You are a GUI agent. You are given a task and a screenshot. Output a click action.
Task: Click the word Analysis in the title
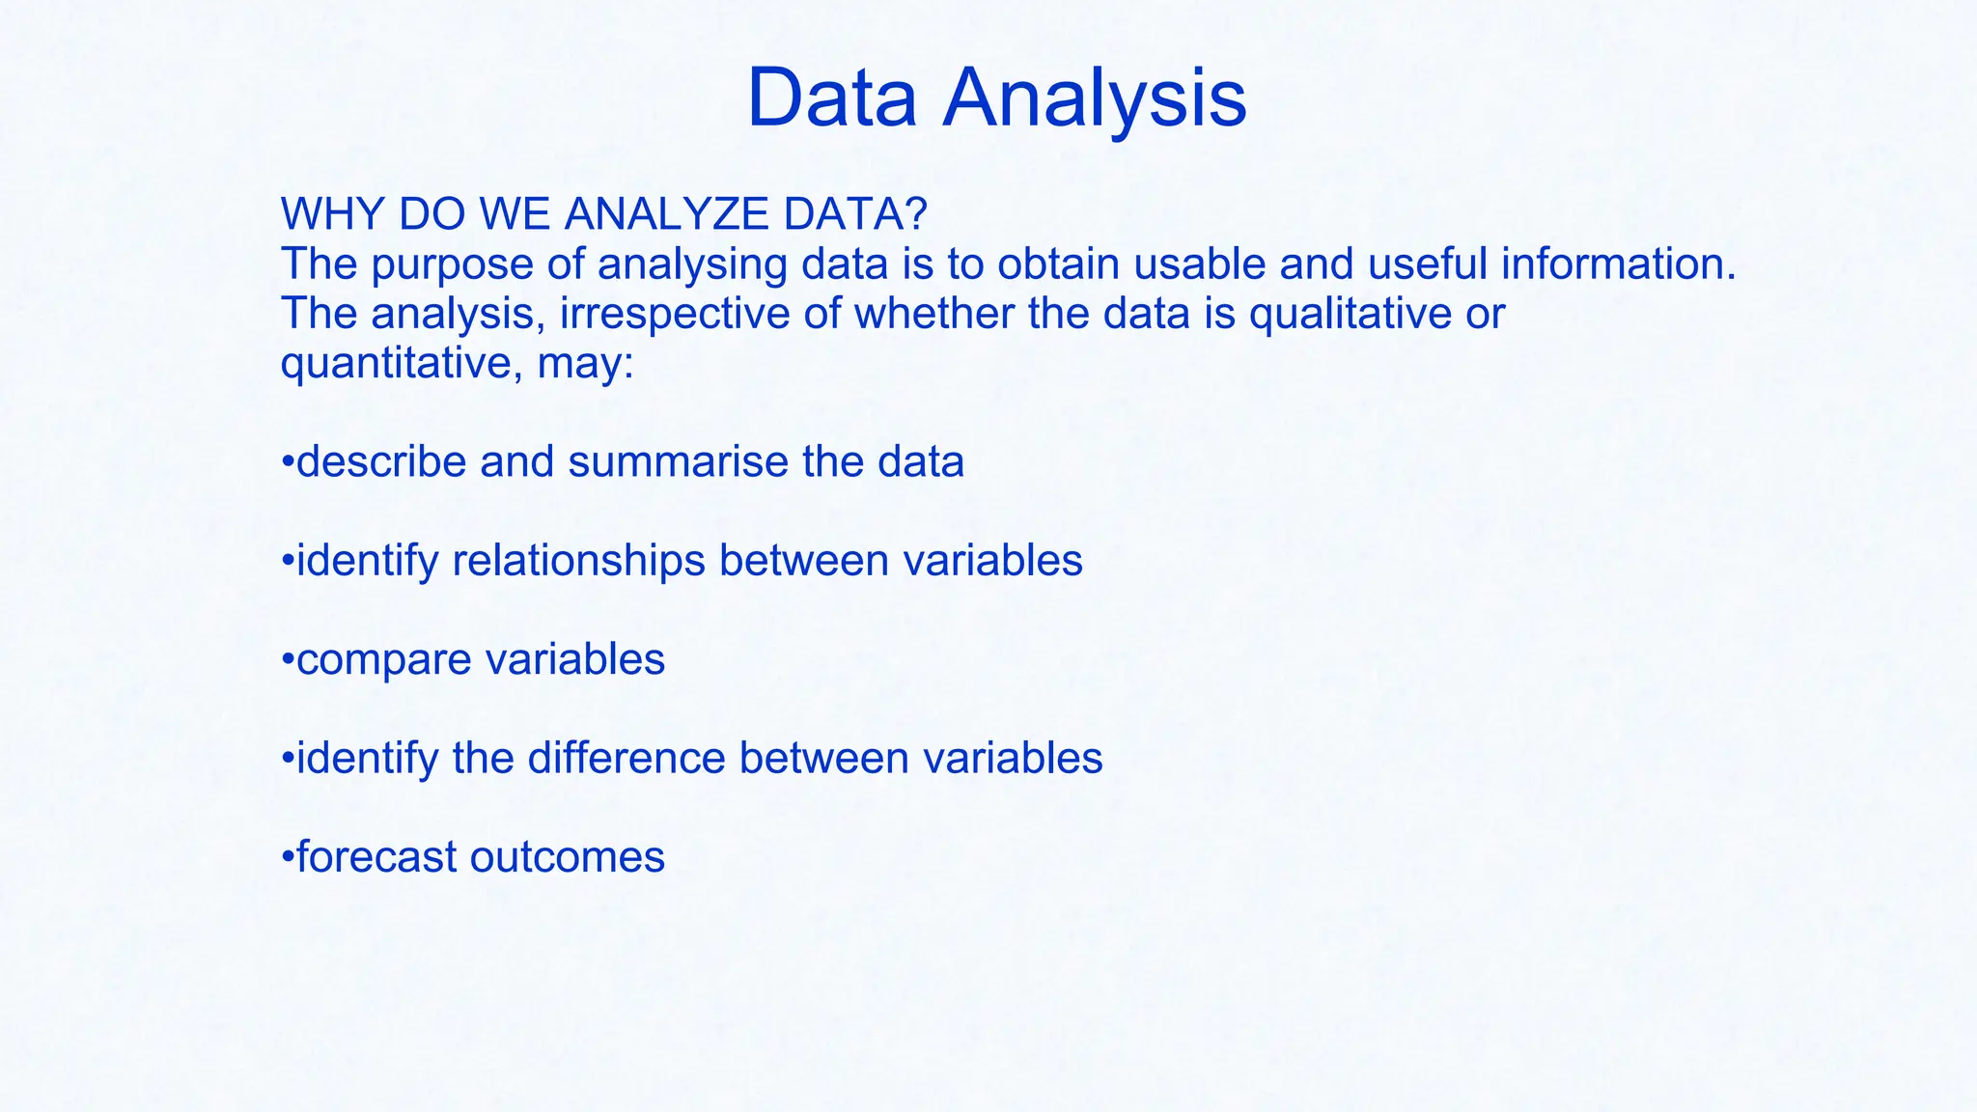pyautogui.click(x=1094, y=98)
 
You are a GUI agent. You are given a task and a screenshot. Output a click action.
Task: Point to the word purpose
pyautogui.click(x=453, y=265)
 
